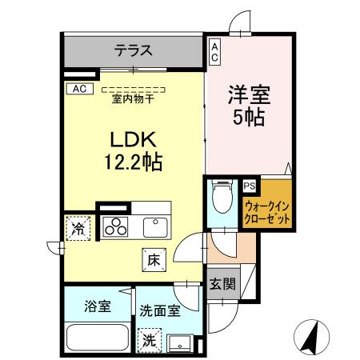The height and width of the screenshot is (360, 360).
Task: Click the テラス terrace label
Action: click(x=133, y=50)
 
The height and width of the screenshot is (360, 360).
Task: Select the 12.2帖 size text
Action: click(x=133, y=162)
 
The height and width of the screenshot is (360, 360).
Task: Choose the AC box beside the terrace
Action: click(x=215, y=52)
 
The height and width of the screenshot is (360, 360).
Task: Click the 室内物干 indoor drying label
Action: click(x=134, y=100)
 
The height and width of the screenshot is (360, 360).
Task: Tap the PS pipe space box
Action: click(x=250, y=186)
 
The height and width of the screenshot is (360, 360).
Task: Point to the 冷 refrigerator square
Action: click(x=78, y=228)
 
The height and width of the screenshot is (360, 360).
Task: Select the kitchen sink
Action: click(x=156, y=226)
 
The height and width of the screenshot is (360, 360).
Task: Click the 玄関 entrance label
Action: click(x=222, y=283)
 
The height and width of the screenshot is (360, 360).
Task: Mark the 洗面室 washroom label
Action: click(x=158, y=308)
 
